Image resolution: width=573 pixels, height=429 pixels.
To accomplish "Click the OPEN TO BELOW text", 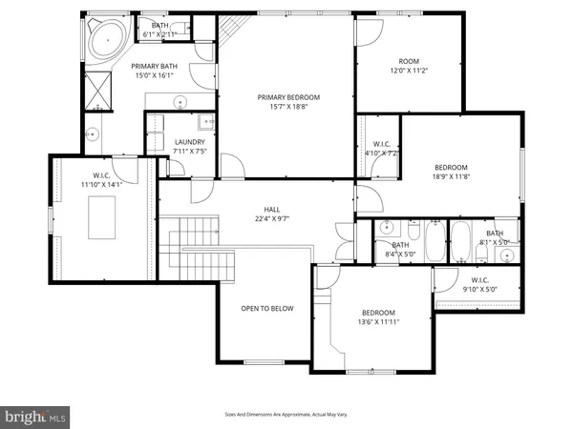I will point(266,308).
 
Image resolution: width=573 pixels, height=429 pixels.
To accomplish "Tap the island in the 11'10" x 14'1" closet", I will point(103,216).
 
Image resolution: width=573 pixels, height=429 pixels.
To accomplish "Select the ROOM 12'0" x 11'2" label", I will point(410,64).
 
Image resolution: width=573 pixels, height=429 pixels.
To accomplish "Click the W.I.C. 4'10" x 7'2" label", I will point(380,147).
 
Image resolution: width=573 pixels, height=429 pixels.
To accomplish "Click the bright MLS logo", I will point(36,416).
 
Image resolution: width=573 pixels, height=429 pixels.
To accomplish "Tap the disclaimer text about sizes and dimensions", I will point(286,414).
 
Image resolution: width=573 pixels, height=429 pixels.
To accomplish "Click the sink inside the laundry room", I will point(205,122).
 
